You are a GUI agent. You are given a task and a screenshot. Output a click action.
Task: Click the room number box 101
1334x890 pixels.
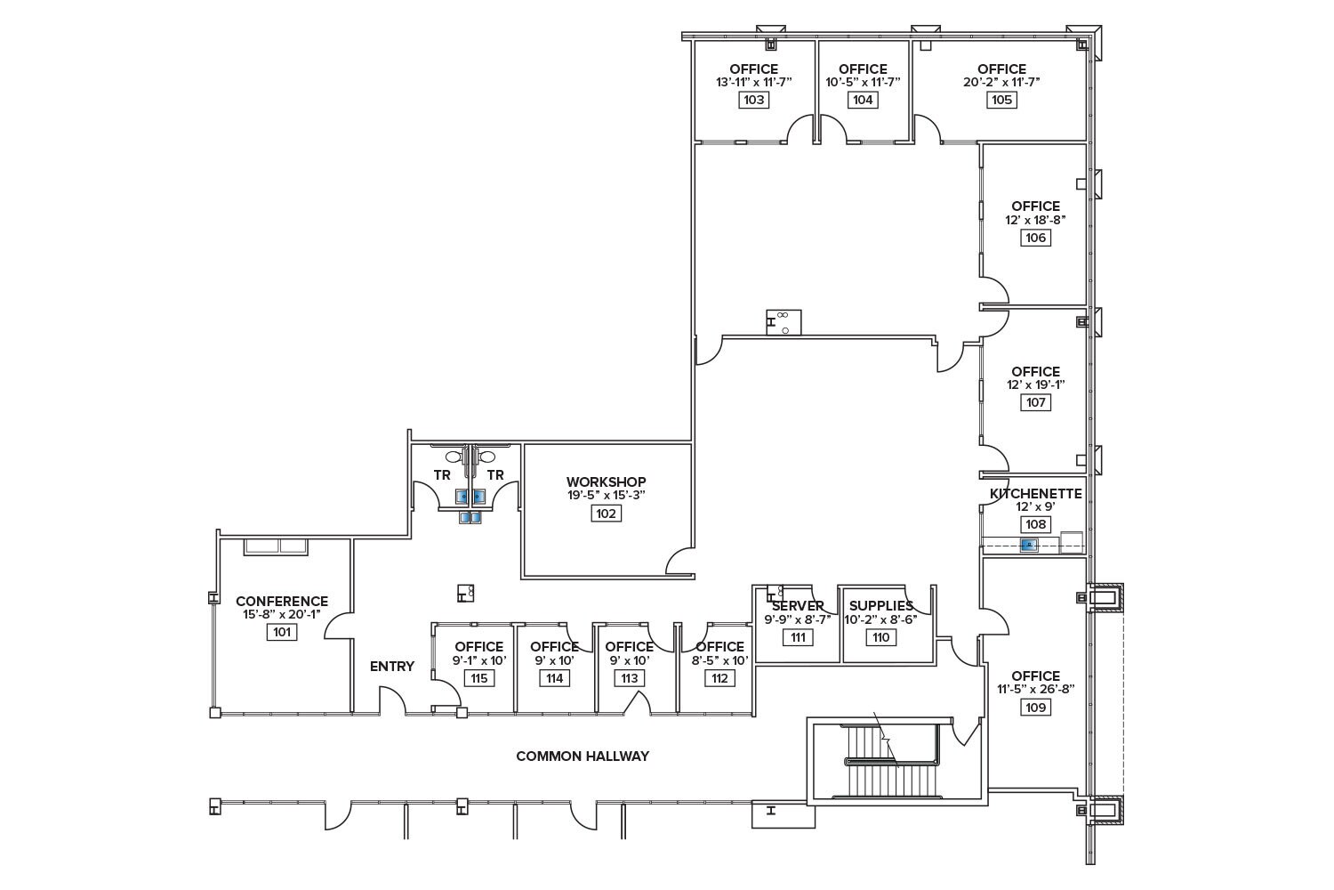(282, 632)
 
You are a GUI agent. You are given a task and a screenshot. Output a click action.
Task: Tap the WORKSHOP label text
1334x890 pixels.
(607, 481)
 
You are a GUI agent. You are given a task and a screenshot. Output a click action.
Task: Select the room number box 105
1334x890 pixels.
(1001, 100)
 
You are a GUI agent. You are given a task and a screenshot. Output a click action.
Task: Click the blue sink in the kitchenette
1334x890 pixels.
(1029, 545)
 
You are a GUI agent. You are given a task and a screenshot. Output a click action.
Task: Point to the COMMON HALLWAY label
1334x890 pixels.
(583, 756)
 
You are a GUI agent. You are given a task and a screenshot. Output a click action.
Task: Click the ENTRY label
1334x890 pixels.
(392, 666)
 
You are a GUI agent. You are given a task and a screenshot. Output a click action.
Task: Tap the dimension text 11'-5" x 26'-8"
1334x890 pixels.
(1035, 688)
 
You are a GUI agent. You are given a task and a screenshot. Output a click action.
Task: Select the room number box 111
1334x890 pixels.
(798, 637)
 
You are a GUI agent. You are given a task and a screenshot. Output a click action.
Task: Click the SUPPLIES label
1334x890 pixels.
(880, 606)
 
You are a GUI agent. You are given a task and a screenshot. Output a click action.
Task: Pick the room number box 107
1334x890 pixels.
(1035, 402)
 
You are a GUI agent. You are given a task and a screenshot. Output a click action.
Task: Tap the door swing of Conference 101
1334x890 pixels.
(338, 625)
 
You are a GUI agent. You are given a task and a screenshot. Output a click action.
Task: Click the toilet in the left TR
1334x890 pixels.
(454, 457)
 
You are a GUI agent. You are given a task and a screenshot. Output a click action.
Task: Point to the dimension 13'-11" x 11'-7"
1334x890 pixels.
(753, 82)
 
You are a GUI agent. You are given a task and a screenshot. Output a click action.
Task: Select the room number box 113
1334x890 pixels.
(630, 678)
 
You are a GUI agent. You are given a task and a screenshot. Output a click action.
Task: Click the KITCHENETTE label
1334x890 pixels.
(1035, 494)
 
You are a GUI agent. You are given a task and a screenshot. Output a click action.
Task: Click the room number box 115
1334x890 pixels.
(478, 678)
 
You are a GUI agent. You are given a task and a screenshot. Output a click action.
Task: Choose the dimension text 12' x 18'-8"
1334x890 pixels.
(1035, 220)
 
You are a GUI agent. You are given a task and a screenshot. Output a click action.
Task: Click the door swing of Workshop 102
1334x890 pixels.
(680, 561)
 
